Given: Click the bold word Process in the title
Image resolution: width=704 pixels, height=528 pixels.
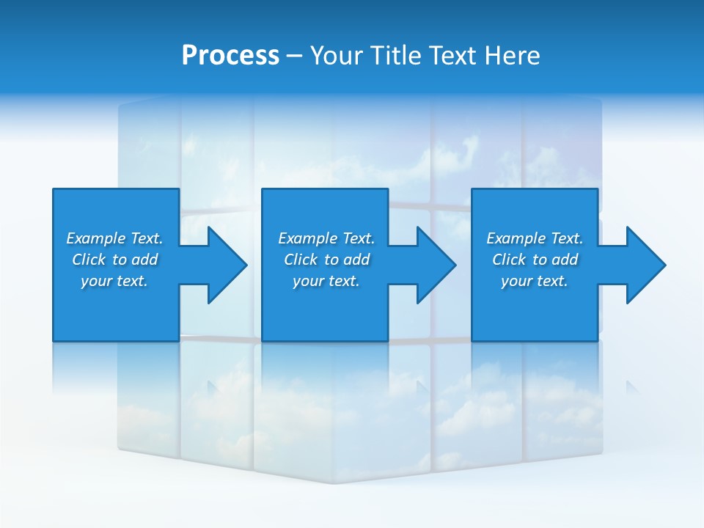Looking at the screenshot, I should [x=230, y=56].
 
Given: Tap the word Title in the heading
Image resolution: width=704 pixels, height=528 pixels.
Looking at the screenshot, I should [x=394, y=56].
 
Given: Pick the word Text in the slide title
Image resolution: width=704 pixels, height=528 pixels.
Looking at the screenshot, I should [x=453, y=56].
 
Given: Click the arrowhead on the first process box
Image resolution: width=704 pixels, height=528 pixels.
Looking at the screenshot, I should [x=227, y=265].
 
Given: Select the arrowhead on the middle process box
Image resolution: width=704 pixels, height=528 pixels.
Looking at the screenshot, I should [x=436, y=265].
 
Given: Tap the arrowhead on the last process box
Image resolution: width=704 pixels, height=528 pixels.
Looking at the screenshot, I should [x=645, y=265].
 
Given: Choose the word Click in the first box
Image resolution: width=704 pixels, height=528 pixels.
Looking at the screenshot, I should [x=89, y=260].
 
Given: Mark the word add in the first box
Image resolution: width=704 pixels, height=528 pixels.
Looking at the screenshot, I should [x=144, y=260].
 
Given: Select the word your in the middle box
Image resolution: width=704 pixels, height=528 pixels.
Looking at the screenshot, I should [x=306, y=281].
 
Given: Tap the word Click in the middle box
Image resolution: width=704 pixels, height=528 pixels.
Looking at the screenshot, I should [x=301, y=260].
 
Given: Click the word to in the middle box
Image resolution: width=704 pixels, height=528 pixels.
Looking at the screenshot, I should [x=331, y=260].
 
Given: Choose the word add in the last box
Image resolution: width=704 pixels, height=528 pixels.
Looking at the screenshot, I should [x=565, y=260].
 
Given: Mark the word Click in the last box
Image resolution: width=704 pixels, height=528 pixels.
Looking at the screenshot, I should [x=509, y=260].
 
